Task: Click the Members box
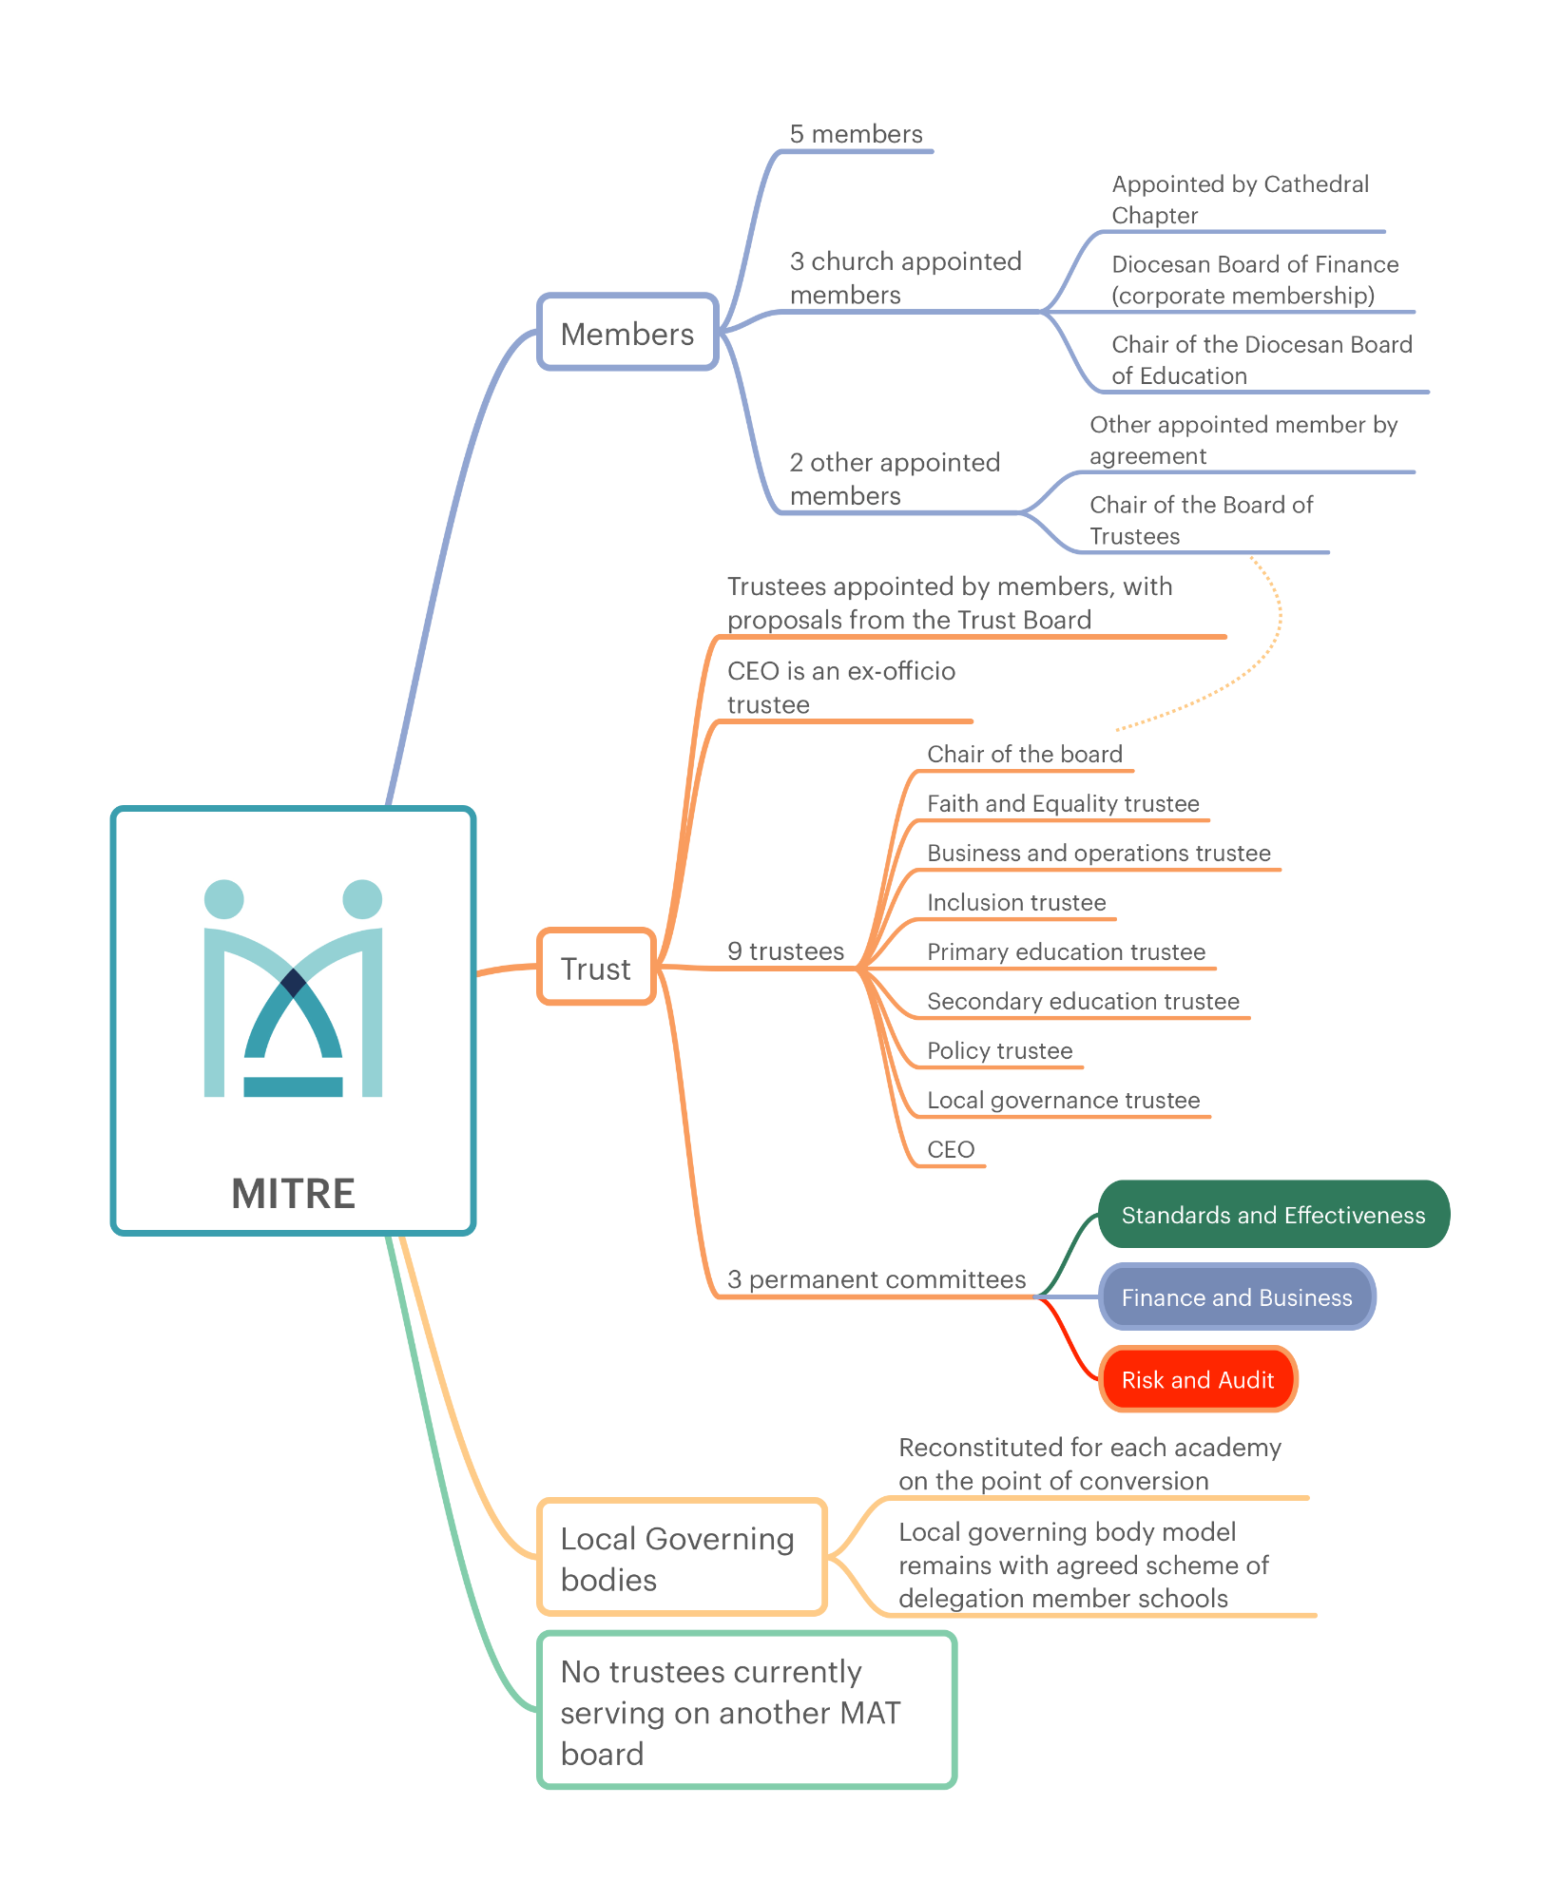coord(627,332)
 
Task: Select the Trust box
coord(596,967)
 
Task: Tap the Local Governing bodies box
coord(682,1557)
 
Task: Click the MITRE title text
coord(293,1193)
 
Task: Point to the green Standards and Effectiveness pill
coord(1274,1215)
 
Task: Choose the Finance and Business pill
coord(1237,1296)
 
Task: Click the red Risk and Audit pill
coord(1198,1379)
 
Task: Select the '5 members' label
coord(856,134)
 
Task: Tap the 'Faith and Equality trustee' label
coord(1063,803)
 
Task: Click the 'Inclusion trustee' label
coord(1016,902)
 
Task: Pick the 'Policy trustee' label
coord(999,1050)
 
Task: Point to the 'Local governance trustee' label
coord(1063,1100)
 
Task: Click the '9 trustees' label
coord(785,950)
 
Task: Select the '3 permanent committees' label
coord(877,1279)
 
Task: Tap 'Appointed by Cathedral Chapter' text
coord(1240,200)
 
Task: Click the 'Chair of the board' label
coord(1025,754)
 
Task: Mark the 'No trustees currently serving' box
coord(746,1710)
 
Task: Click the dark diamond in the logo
coord(294,982)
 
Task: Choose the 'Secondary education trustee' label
coord(1083,1001)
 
